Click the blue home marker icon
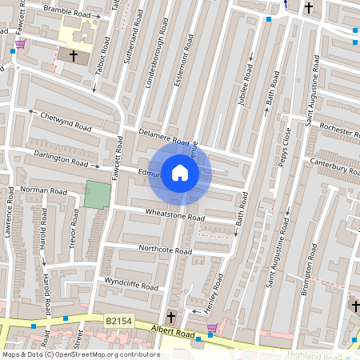180,173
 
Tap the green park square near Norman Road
97,195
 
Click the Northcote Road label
165,250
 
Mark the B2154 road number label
119,321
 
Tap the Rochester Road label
334,129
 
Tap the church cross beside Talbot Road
74,56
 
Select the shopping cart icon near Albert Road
211,328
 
